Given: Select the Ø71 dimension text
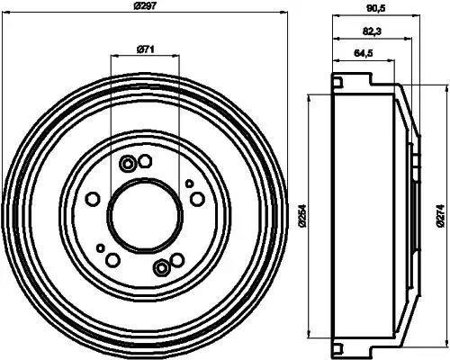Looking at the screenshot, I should (x=145, y=50).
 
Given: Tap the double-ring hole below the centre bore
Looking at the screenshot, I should (x=161, y=267).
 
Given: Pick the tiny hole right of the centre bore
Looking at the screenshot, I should (x=189, y=184).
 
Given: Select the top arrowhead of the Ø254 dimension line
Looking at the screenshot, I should (x=310, y=97).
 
